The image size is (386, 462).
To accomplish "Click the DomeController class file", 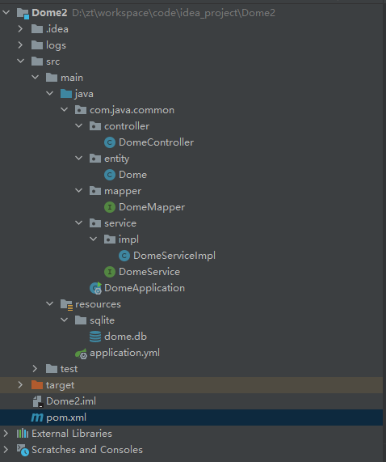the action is (x=156, y=142).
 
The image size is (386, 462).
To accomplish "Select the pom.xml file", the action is (x=66, y=417).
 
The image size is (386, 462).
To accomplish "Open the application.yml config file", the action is (x=124, y=353).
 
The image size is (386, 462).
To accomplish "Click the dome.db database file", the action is (x=125, y=337).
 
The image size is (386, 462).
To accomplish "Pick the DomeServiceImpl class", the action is (x=174, y=256).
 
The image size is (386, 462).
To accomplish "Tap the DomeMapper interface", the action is (x=152, y=207).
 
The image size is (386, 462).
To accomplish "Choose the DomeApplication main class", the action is (x=145, y=288).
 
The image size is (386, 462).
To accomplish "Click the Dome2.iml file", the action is (x=71, y=401).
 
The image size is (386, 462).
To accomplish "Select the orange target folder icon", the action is (x=37, y=385).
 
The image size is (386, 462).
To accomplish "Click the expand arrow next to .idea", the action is (x=20, y=29).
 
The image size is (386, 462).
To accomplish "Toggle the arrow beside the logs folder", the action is (x=20, y=45).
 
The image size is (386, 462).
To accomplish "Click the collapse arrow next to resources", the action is (x=50, y=303).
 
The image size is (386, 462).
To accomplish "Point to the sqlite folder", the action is (x=102, y=320).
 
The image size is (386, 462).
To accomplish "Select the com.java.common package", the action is (x=132, y=110).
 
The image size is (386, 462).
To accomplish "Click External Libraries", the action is (x=72, y=434).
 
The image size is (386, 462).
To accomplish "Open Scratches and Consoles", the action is (x=87, y=450).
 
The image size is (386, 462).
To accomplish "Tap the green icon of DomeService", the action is (x=110, y=272).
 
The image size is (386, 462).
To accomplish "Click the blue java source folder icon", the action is (x=66, y=94).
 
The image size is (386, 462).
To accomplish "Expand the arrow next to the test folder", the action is (x=35, y=369).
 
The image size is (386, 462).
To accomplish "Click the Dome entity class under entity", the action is (x=132, y=175).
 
